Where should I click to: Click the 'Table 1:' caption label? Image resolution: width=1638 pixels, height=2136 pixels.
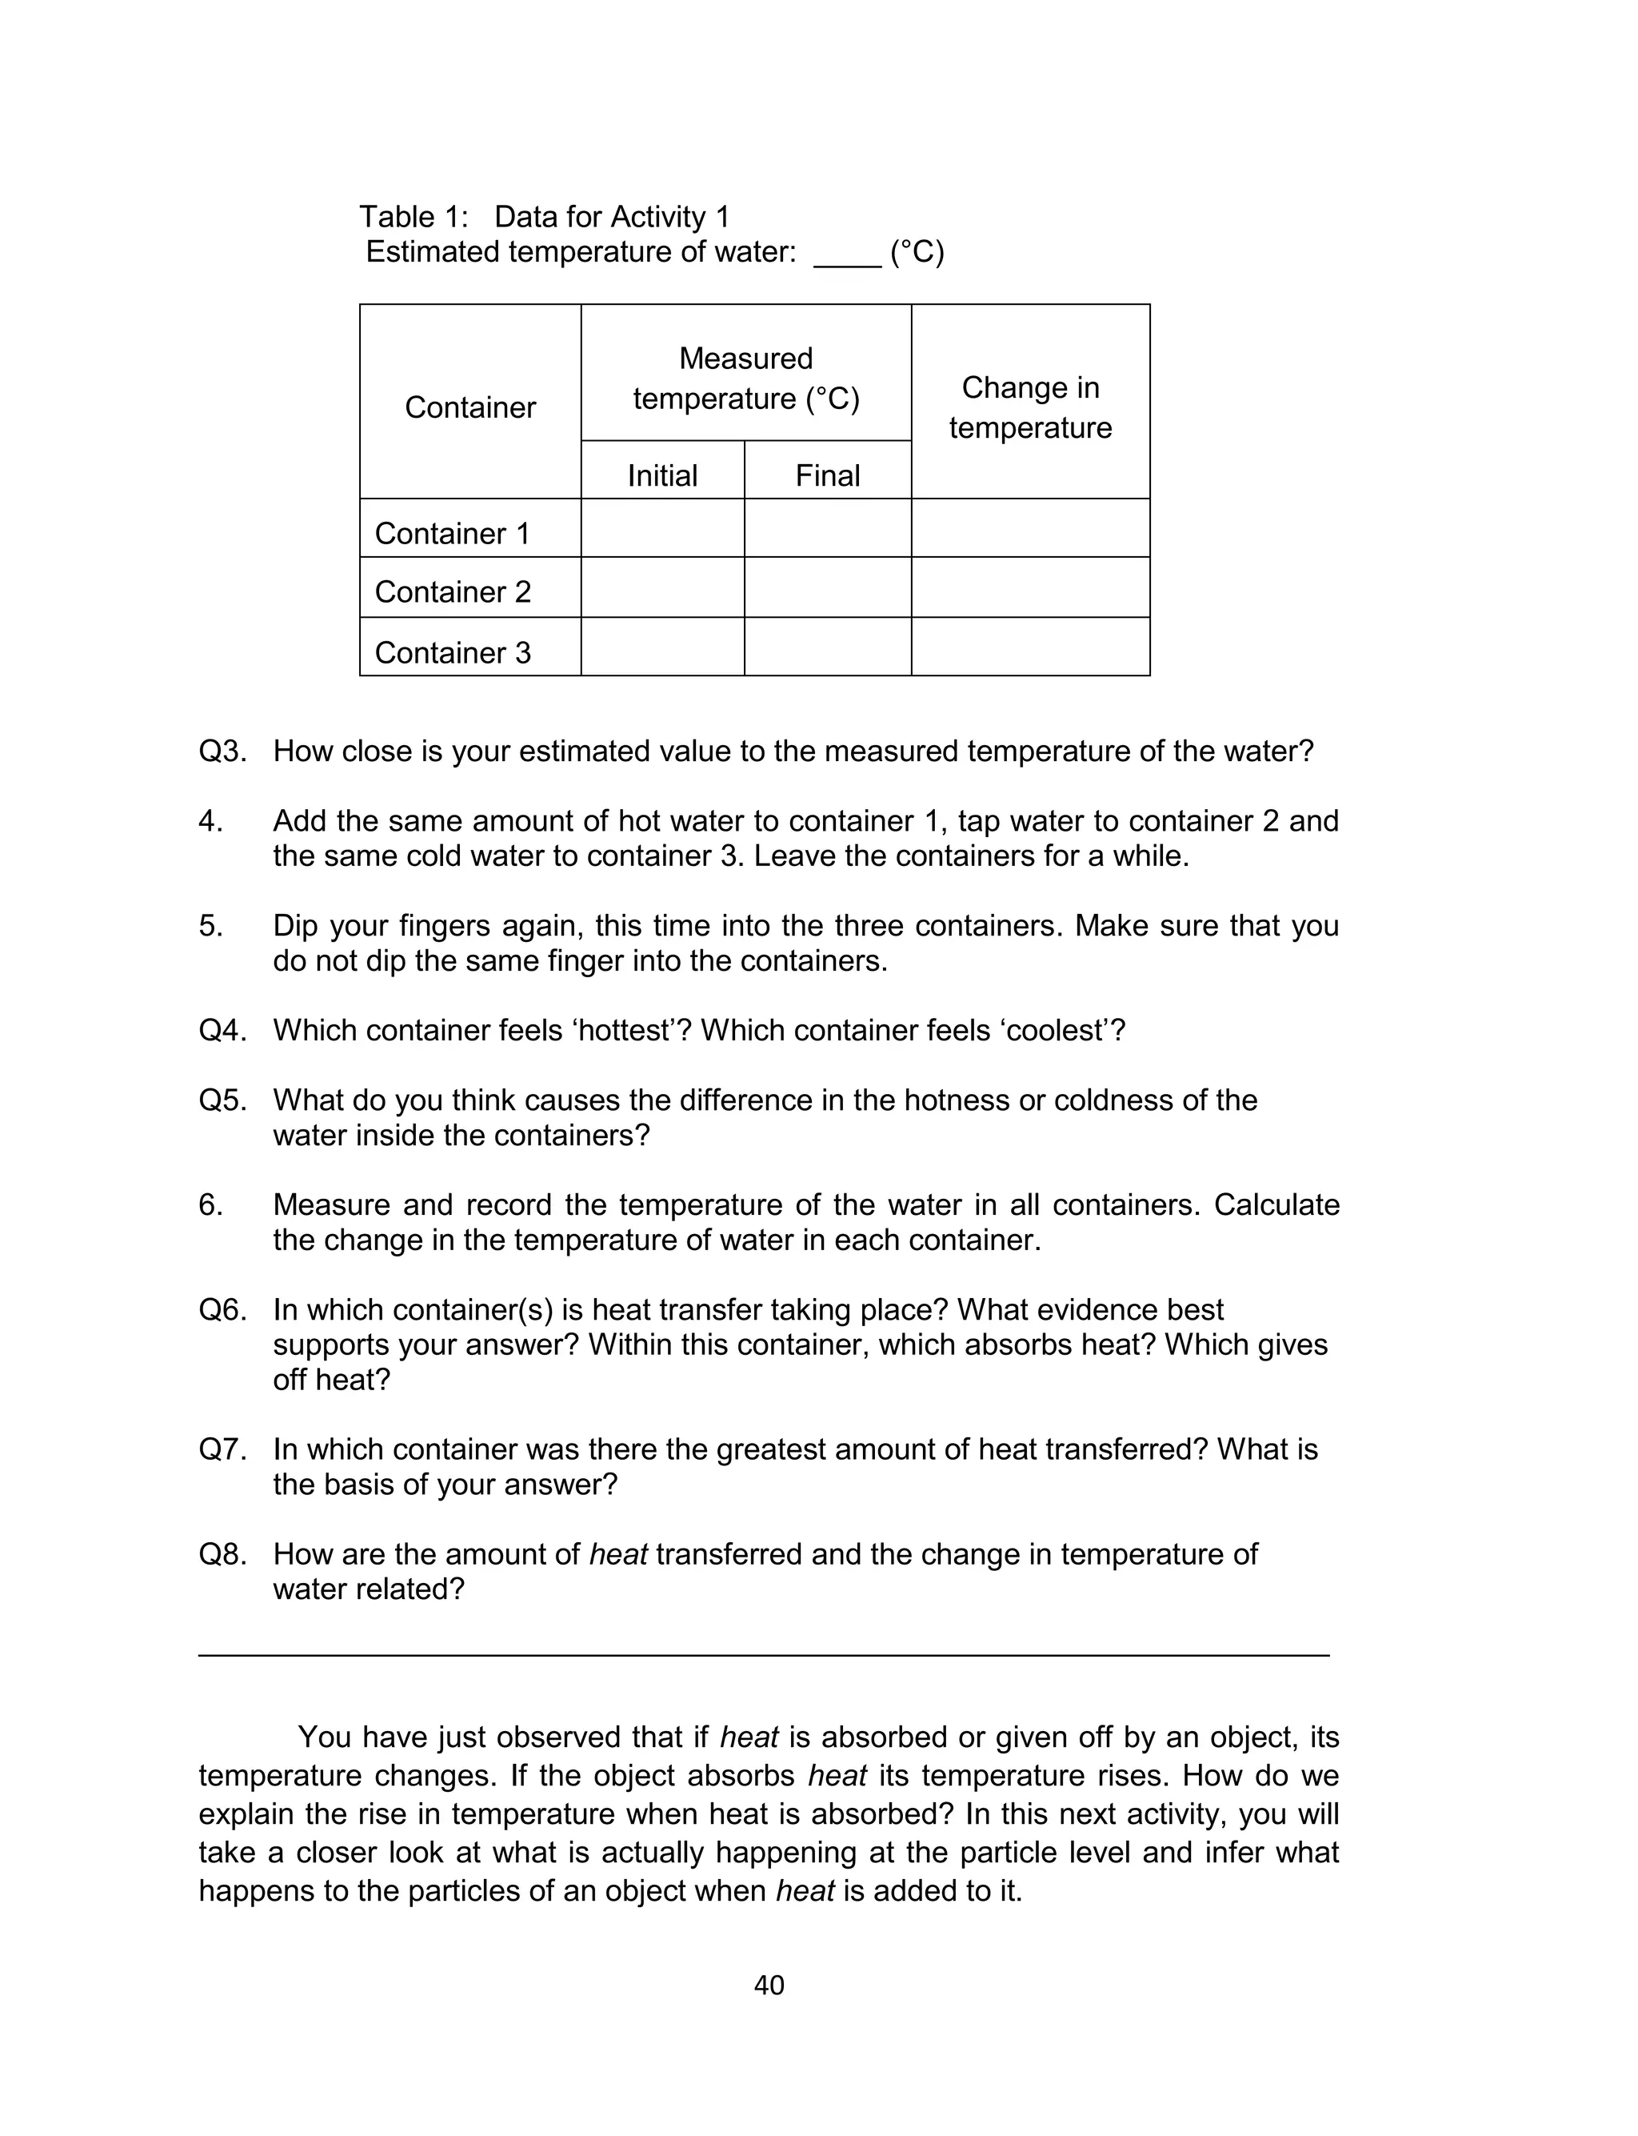point(413,217)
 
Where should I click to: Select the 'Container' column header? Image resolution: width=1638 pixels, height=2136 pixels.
point(470,407)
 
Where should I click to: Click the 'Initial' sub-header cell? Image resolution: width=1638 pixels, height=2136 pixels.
point(662,475)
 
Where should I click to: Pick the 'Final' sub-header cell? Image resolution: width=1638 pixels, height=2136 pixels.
point(827,475)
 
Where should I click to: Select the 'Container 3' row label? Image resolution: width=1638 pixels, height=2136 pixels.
point(453,652)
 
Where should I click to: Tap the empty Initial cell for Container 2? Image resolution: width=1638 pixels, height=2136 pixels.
point(662,587)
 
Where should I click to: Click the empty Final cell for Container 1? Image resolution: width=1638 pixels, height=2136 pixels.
point(827,527)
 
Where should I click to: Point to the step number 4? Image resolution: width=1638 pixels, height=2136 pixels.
point(210,821)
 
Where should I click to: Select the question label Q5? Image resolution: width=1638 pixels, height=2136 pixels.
point(222,1100)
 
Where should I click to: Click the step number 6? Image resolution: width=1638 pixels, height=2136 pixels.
point(210,1204)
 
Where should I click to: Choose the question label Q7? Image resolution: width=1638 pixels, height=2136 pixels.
point(222,1449)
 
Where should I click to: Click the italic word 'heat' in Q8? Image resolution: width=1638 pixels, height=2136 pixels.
point(618,1553)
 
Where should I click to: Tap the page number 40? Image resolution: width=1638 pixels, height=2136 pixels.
point(769,1985)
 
